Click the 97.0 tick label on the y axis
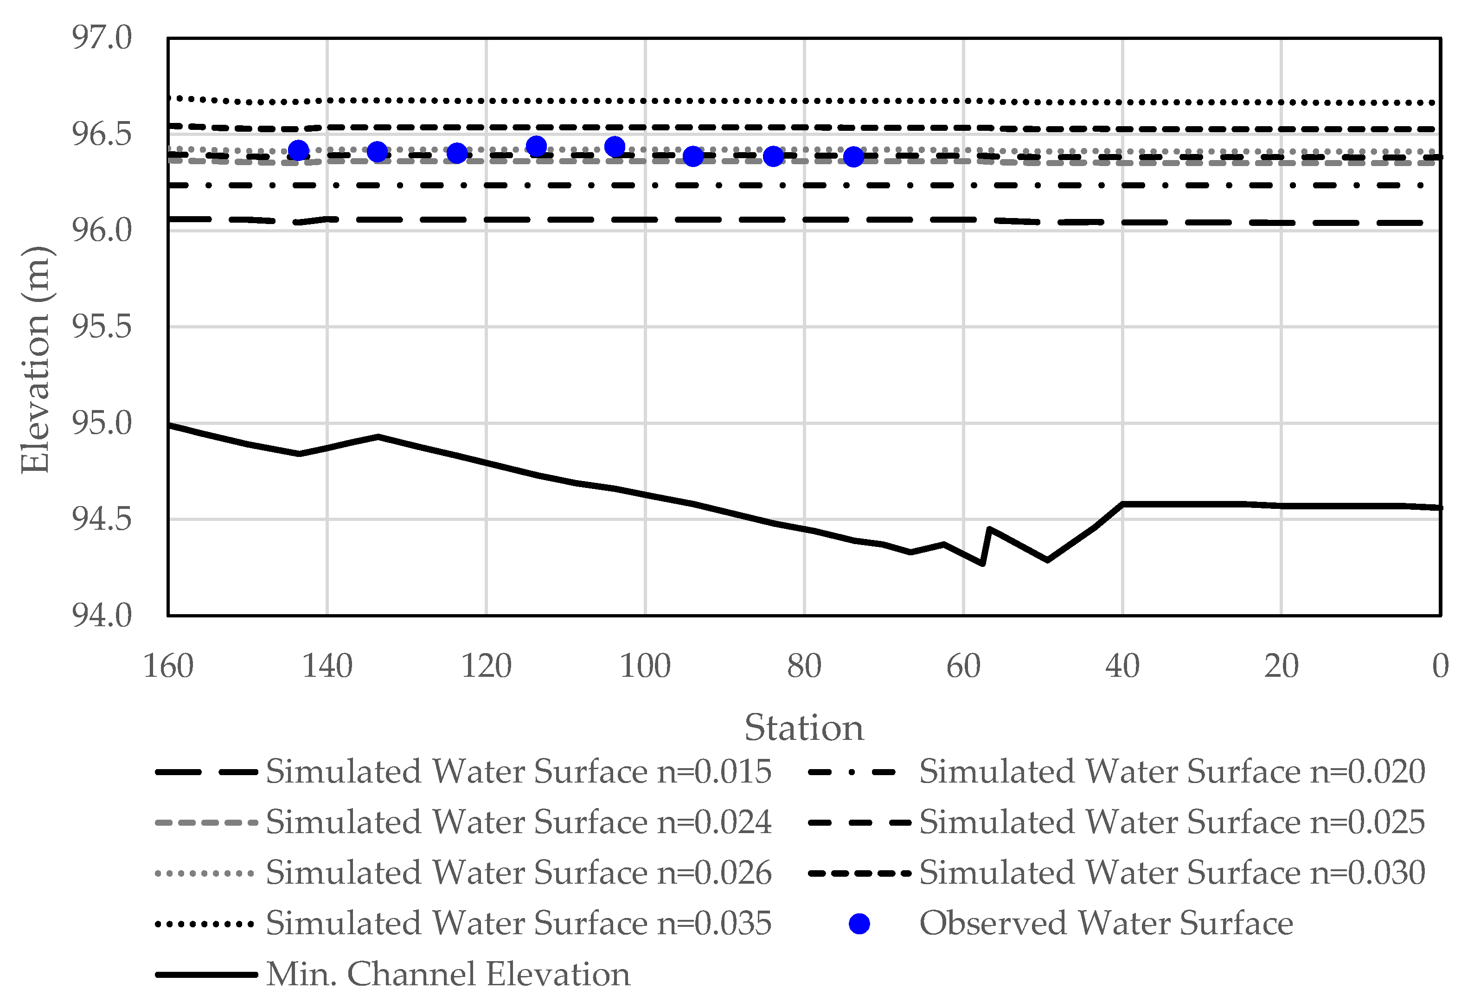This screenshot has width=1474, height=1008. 102,38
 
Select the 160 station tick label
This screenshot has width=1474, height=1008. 168,667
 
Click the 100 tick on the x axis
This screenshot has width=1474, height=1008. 645,667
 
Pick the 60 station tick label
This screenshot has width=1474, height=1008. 963,667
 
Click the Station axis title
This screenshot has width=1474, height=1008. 804,728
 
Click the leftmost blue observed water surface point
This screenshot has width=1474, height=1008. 298,151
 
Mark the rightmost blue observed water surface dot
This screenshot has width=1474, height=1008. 854,156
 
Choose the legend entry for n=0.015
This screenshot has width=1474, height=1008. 518,772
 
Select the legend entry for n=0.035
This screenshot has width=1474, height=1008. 518,924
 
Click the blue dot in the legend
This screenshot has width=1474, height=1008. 859,924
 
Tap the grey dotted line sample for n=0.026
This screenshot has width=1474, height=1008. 205,874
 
